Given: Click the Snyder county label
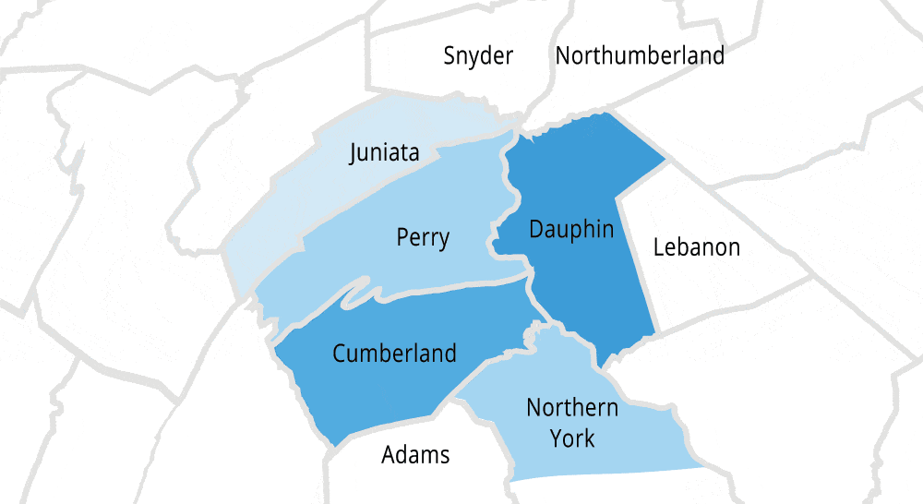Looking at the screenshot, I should pos(477,56).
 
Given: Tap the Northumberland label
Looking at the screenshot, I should pos(640,56).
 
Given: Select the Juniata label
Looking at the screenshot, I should pos(384,152).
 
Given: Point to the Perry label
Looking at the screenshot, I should pos(423,238).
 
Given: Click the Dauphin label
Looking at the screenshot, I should pos(571,230).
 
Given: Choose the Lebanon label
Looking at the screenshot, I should pos(696,247).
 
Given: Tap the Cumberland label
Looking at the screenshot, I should pos(394,353).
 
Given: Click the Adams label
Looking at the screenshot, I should pos(415,455).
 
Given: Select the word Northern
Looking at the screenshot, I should pos(572,407).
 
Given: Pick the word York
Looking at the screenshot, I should pos(572,438).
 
